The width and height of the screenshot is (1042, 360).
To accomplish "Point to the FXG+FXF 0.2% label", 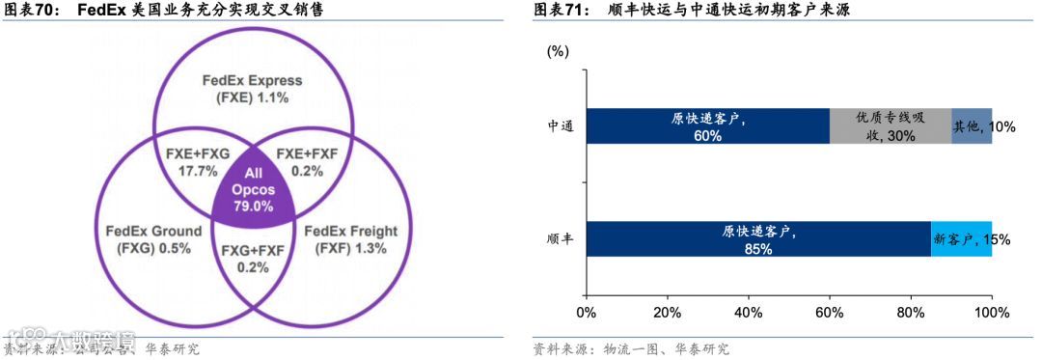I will pyautogui.click(x=253, y=259).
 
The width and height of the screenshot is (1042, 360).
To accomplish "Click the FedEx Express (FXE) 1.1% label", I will pyautogui.click(x=253, y=89).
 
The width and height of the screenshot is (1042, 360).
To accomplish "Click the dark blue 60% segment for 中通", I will pyautogui.click(x=707, y=126).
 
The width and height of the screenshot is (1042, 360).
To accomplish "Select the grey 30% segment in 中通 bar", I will pyautogui.click(x=891, y=126).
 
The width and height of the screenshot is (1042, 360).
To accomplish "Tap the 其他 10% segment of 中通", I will pyautogui.click(x=972, y=126).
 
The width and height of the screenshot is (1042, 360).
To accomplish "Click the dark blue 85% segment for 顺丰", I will pyautogui.click(x=758, y=239).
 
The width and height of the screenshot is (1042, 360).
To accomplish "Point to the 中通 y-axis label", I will pyautogui.click(x=561, y=126).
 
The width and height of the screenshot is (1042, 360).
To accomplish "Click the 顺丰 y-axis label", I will pyautogui.click(x=561, y=239).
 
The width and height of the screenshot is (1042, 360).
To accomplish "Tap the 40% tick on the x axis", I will pyautogui.click(x=748, y=313).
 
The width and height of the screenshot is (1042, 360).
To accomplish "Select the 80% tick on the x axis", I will pyautogui.click(x=910, y=313).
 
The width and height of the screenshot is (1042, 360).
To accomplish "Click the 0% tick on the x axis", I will pyautogui.click(x=586, y=313).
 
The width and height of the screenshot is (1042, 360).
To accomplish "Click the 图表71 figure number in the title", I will pyautogui.click(x=560, y=12).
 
